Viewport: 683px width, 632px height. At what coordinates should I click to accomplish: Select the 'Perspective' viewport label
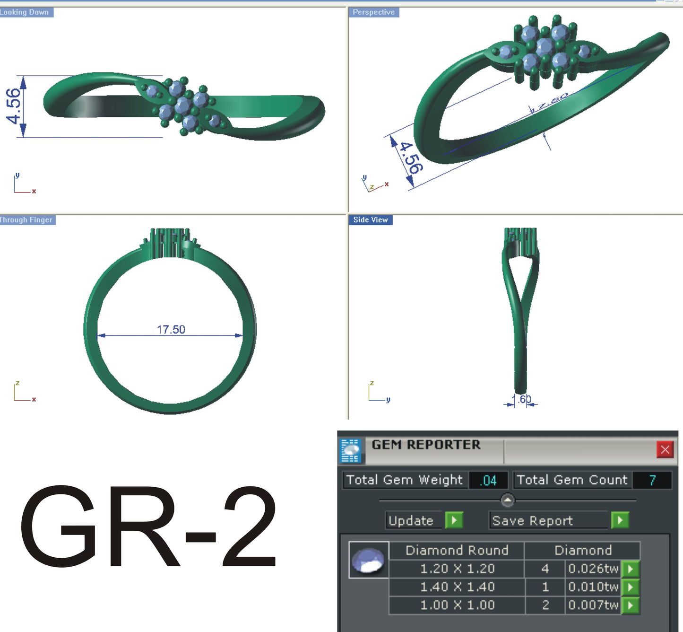click(373, 12)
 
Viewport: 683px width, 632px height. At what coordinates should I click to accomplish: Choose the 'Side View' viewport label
click(371, 220)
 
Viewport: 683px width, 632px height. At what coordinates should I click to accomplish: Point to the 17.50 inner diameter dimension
click(171, 329)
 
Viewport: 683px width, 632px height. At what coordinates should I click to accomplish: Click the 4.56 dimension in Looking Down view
click(14, 106)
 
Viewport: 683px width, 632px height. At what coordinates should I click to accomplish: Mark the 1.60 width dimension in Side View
click(522, 399)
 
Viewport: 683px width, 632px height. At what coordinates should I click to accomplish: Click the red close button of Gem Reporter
click(665, 449)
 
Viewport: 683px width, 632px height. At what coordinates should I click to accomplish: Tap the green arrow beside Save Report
click(620, 520)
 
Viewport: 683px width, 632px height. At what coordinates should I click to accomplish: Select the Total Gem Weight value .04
click(489, 481)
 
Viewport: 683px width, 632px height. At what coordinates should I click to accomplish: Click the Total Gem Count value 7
click(652, 481)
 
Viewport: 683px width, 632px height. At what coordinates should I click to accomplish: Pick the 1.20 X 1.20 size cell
click(457, 569)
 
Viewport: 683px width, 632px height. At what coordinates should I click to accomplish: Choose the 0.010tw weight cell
click(593, 587)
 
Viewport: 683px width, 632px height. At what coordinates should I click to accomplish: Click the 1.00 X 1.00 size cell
click(457, 605)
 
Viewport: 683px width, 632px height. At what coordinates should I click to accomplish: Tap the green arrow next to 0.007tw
click(631, 605)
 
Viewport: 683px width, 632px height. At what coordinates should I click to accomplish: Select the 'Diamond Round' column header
click(457, 550)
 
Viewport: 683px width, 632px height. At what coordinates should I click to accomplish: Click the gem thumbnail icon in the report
click(369, 560)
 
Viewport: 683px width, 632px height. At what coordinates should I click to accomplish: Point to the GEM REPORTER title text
click(426, 445)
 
